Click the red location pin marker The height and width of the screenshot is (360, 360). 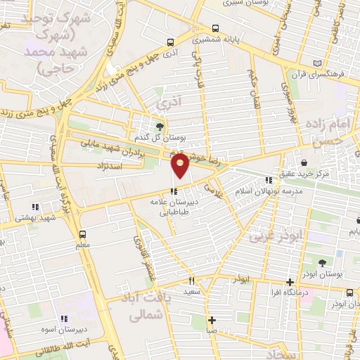click(180, 166)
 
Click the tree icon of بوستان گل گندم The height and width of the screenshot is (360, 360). click(161, 126)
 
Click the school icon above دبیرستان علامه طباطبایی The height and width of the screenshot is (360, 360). click(173, 190)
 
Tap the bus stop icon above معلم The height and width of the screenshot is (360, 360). click(83, 233)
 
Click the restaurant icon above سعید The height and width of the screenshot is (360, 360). click(191, 281)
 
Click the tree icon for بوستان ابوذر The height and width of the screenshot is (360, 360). click(323, 262)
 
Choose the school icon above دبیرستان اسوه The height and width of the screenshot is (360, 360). click(65, 318)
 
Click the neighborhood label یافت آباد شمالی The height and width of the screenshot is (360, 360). click(147, 307)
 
